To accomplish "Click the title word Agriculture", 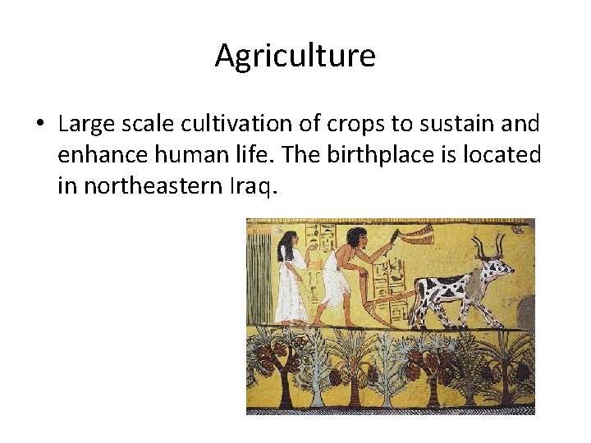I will point(295,56).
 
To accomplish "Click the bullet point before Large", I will point(39,125).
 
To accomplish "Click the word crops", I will point(349,125).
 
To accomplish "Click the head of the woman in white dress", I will point(286,240).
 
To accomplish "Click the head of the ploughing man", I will point(355,237).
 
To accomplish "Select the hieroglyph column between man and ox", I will point(392,271).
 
